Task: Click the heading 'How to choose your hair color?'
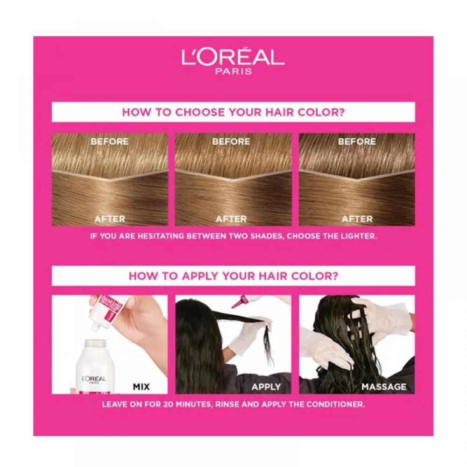[233, 112]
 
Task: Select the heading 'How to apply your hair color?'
[233, 276]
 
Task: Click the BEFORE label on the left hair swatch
[110, 142]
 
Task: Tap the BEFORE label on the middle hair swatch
[231, 142]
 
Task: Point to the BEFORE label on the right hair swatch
[357, 142]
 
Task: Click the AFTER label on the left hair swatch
[110, 219]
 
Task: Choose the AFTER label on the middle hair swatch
[231, 219]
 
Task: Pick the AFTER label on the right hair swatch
[357, 219]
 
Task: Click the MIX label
[145, 387]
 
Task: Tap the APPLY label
[266, 387]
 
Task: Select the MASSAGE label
[384, 387]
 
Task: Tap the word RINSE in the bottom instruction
[229, 403]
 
